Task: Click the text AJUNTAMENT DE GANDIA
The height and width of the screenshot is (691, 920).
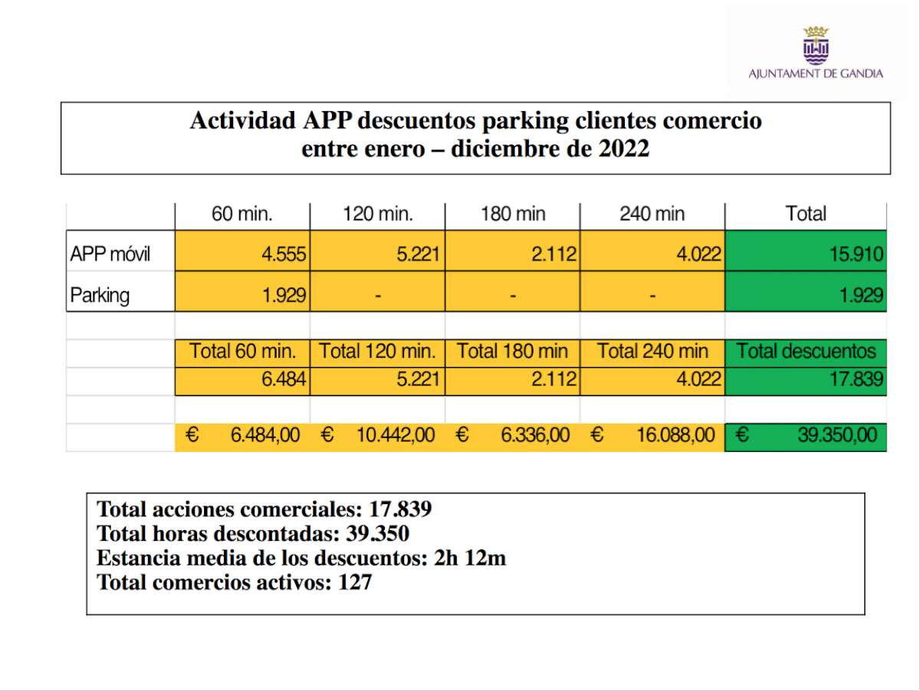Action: pyautogui.click(x=815, y=74)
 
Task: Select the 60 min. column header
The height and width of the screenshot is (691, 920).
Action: pyautogui.click(x=242, y=214)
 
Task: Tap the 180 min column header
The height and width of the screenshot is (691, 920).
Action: pyautogui.click(x=512, y=214)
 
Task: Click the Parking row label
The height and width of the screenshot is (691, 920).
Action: pyautogui.click(x=100, y=295)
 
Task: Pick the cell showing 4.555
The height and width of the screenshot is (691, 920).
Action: pyautogui.click(x=284, y=254)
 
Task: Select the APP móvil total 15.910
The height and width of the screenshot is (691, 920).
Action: pyautogui.click(x=855, y=254)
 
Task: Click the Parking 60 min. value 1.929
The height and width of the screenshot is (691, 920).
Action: pyautogui.click(x=284, y=295)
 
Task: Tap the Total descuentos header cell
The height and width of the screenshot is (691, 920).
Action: pyautogui.click(x=806, y=352)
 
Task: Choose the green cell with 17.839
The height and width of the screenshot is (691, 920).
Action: pyautogui.click(x=855, y=378)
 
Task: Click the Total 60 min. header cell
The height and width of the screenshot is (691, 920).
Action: pyautogui.click(x=242, y=352)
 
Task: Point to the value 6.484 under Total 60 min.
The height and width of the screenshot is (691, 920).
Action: pyautogui.click(x=284, y=378)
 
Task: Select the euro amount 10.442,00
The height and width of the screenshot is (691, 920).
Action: pyautogui.click(x=395, y=435)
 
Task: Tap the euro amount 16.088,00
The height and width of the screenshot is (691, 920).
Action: pyautogui.click(x=675, y=435)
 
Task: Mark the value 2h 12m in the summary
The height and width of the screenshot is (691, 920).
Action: pyautogui.click(x=469, y=558)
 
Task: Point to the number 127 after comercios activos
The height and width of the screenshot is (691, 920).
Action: pyautogui.click(x=355, y=583)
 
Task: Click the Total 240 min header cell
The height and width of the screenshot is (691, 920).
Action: pyautogui.click(x=652, y=352)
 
